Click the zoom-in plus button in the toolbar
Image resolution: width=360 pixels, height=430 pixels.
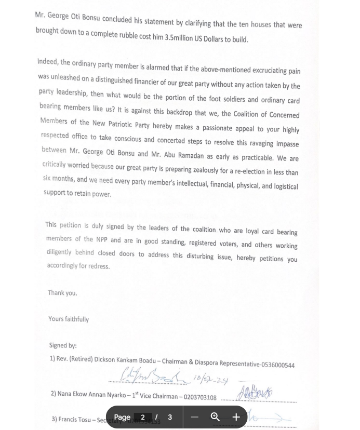[236, 417]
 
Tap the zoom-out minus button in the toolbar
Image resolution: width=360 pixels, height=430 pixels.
[195, 417]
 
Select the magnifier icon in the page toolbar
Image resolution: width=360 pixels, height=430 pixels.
[215, 417]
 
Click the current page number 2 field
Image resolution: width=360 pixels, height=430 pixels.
[143, 417]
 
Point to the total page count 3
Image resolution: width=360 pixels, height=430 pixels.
[170, 417]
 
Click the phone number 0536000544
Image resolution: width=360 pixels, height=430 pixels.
[278, 365]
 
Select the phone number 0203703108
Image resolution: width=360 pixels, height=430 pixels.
[200, 397]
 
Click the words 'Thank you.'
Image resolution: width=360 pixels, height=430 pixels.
[62, 293]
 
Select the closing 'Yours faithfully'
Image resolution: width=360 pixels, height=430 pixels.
[69, 319]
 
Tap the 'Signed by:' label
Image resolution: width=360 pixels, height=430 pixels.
[63, 345]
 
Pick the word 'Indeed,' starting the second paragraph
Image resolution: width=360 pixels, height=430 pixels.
[48, 62]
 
